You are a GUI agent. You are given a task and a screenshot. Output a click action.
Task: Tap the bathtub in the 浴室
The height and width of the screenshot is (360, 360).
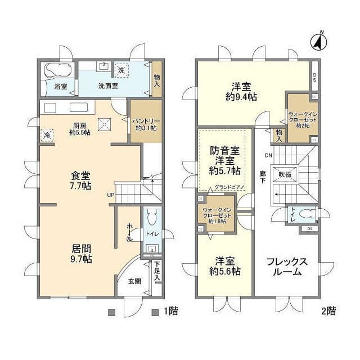tap(57, 71)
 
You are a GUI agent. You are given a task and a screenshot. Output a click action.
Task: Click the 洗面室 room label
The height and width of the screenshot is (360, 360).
tap(108, 87)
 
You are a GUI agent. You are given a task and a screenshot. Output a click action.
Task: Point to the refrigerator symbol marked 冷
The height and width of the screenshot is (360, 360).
tap(47, 136)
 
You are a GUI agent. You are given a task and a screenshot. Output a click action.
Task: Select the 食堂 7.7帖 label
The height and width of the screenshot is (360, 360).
tap(81, 180)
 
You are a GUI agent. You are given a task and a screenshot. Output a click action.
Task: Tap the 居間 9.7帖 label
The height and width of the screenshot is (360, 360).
tap(81, 253)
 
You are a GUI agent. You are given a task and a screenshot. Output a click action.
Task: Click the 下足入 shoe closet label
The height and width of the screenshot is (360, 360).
tap(158, 271)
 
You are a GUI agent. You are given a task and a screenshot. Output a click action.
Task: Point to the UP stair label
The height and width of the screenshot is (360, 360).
tap(111, 195)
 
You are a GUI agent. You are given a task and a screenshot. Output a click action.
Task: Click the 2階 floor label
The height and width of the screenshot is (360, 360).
tap(329, 311)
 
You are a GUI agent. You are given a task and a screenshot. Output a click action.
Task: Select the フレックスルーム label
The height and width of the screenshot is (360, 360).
tap(287, 267)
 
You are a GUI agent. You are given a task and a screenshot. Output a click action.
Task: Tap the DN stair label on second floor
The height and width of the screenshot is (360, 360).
tap(268, 155)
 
